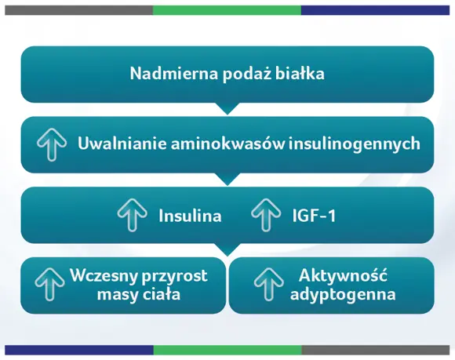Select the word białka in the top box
coord(299,75)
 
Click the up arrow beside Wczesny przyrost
coord(50,285)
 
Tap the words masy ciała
coord(138,295)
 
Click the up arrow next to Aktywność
coord(267,285)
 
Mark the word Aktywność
coord(343,276)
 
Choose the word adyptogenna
coord(342,295)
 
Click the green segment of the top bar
coord(227,10)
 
